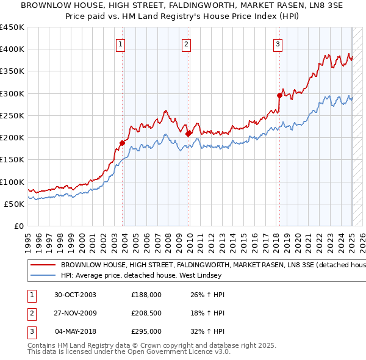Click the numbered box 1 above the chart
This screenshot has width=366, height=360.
[x=121, y=44]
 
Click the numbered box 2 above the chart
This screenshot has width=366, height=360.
[x=185, y=44]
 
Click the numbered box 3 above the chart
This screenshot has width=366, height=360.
[x=278, y=44]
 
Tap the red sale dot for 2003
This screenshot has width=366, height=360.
[x=123, y=143]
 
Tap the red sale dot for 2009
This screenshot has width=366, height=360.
[x=188, y=133]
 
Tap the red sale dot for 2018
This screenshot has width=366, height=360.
[x=279, y=95]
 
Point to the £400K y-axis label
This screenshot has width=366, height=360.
[x=12, y=49]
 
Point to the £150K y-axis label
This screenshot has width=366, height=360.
[x=12, y=160]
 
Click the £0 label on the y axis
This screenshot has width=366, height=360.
[x=19, y=226]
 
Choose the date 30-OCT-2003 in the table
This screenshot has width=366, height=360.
[x=75, y=294]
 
